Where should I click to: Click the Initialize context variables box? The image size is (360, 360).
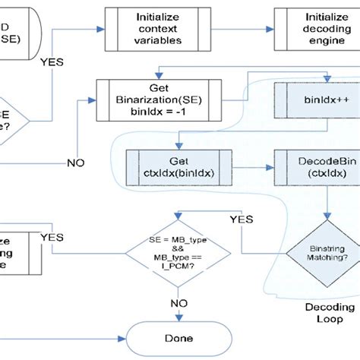[x=158, y=27]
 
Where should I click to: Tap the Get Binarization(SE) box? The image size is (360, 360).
[x=158, y=96]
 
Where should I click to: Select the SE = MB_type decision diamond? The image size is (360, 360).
[x=176, y=253]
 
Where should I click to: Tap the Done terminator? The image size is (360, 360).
[x=176, y=339]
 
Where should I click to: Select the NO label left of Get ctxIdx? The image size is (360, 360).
[x=75, y=163]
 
